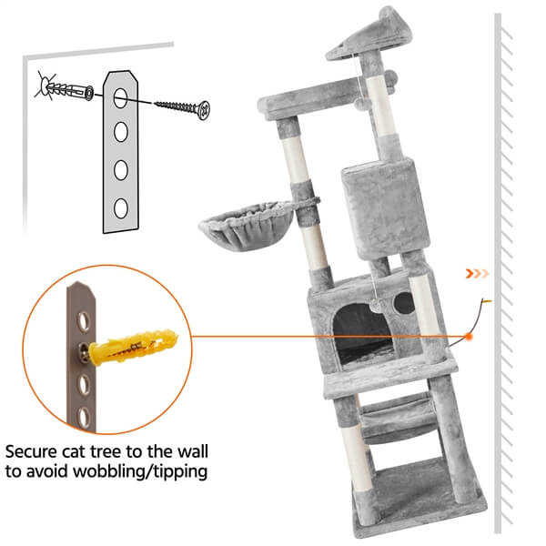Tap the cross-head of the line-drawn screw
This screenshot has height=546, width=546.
(203, 110)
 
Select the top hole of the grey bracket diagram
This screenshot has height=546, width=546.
(120, 98)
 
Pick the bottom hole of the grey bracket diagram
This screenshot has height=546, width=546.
(120, 208)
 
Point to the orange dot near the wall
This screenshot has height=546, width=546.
(469, 337)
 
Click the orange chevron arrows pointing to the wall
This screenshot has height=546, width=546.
(477, 274)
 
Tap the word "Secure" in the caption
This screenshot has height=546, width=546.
(31, 451)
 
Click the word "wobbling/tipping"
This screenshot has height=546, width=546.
(140, 472)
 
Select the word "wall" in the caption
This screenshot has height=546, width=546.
(193, 451)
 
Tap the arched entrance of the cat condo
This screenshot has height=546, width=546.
(363, 336)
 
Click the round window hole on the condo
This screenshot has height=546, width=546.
(404, 303)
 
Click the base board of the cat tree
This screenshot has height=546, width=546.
(420, 498)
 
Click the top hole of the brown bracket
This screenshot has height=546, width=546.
(84, 321)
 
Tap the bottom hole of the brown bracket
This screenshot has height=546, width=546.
(84, 417)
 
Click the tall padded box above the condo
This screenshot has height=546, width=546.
(386, 208)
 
